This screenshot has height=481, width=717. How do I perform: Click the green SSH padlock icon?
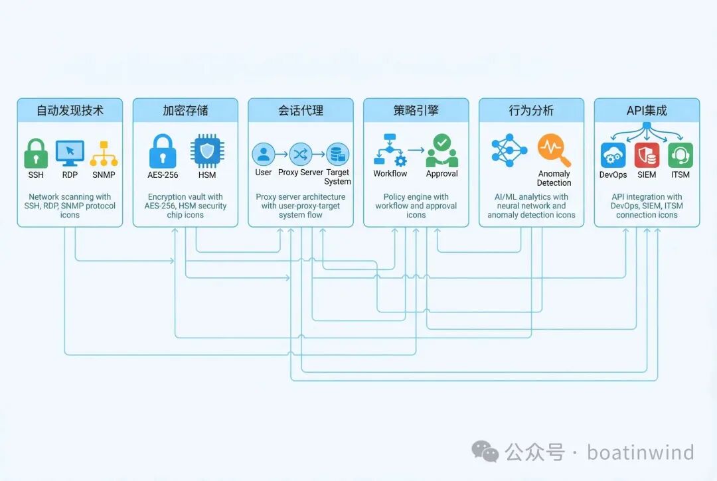point(36,153)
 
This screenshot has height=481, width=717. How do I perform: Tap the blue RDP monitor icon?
point(70,153)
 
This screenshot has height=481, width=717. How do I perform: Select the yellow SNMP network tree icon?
point(104,153)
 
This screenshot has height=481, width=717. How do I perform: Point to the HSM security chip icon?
point(207,151)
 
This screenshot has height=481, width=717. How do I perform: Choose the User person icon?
point(264,155)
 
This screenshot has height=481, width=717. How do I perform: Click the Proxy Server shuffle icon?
point(301,155)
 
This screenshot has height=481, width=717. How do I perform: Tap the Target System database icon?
point(338,155)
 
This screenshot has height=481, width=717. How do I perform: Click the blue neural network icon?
point(509,150)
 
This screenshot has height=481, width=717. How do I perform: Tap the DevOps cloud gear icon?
point(613,155)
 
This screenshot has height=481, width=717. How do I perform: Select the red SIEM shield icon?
point(647,155)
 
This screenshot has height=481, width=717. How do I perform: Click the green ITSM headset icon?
point(680,155)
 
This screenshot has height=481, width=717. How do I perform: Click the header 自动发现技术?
point(70,110)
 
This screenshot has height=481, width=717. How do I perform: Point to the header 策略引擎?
point(416,110)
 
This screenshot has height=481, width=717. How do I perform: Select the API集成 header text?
point(647,110)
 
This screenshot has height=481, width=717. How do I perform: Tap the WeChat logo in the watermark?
point(485,452)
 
